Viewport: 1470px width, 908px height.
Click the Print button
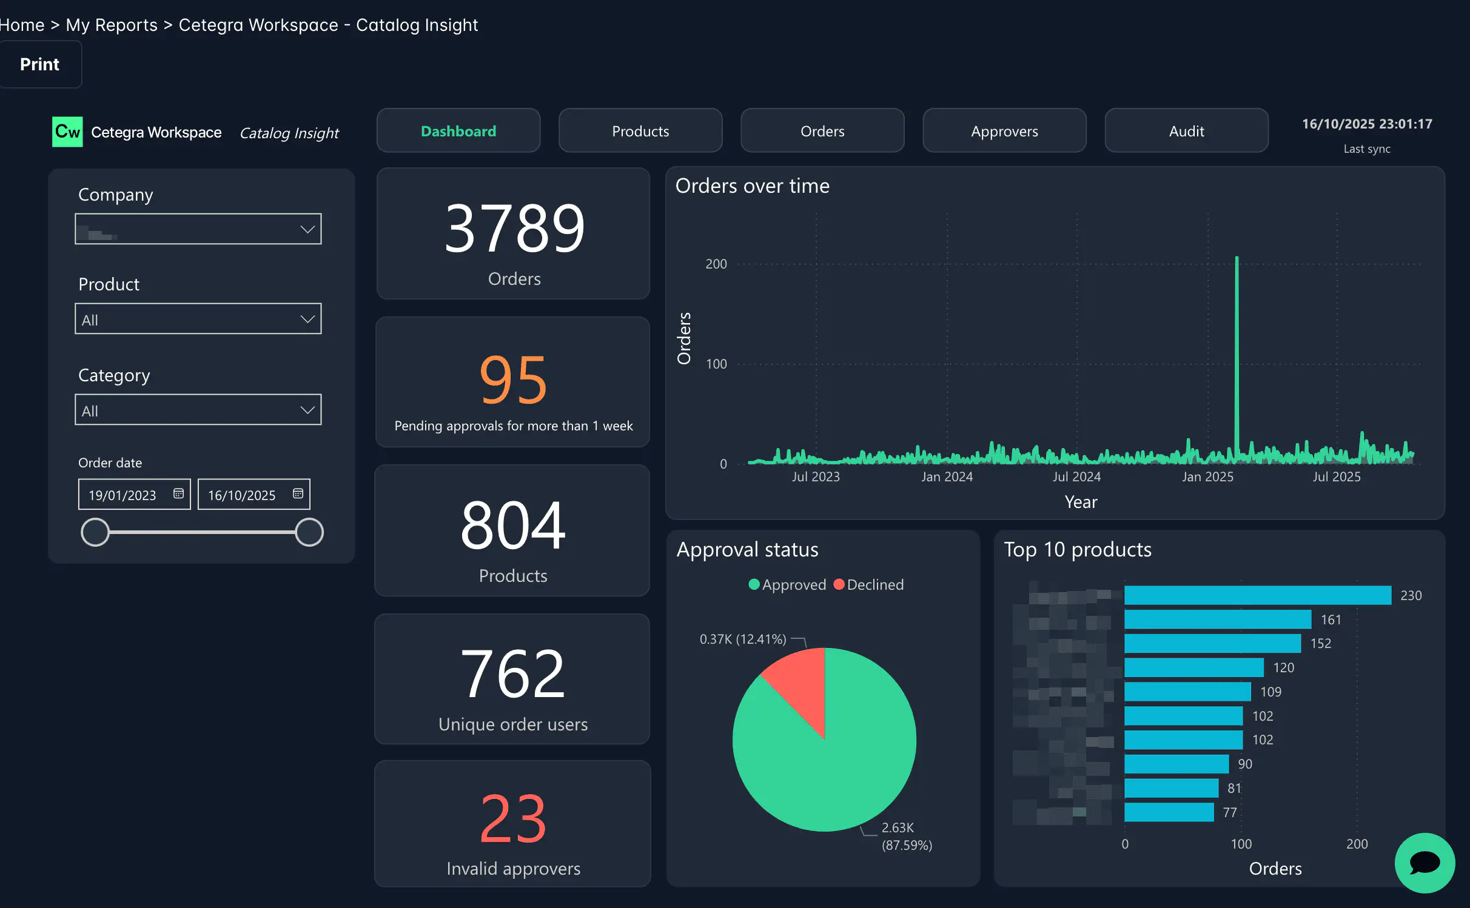[39, 64]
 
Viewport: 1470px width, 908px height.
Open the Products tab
[640, 131]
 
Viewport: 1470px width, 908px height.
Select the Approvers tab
[1004, 131]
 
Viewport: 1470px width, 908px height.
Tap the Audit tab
[1186, 131]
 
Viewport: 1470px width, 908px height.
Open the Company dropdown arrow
[307, 229]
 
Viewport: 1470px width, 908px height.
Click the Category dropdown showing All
[198, 410]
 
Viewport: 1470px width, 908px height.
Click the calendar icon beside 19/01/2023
[178, 494]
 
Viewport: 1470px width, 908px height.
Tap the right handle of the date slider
[309, 532]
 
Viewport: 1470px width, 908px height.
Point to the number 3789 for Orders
[514, 229]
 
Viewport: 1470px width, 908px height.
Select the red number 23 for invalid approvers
[513, 820]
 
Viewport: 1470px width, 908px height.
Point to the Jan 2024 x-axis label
[947, 477]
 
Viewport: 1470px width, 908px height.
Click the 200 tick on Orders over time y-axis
[716, 264]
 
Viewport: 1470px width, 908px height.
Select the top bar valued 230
[1257, 595]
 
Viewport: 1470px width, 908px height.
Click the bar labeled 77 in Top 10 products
[1169, 812]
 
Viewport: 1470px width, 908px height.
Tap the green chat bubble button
[1424, 863]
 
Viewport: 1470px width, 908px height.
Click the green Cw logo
[67, 132]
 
